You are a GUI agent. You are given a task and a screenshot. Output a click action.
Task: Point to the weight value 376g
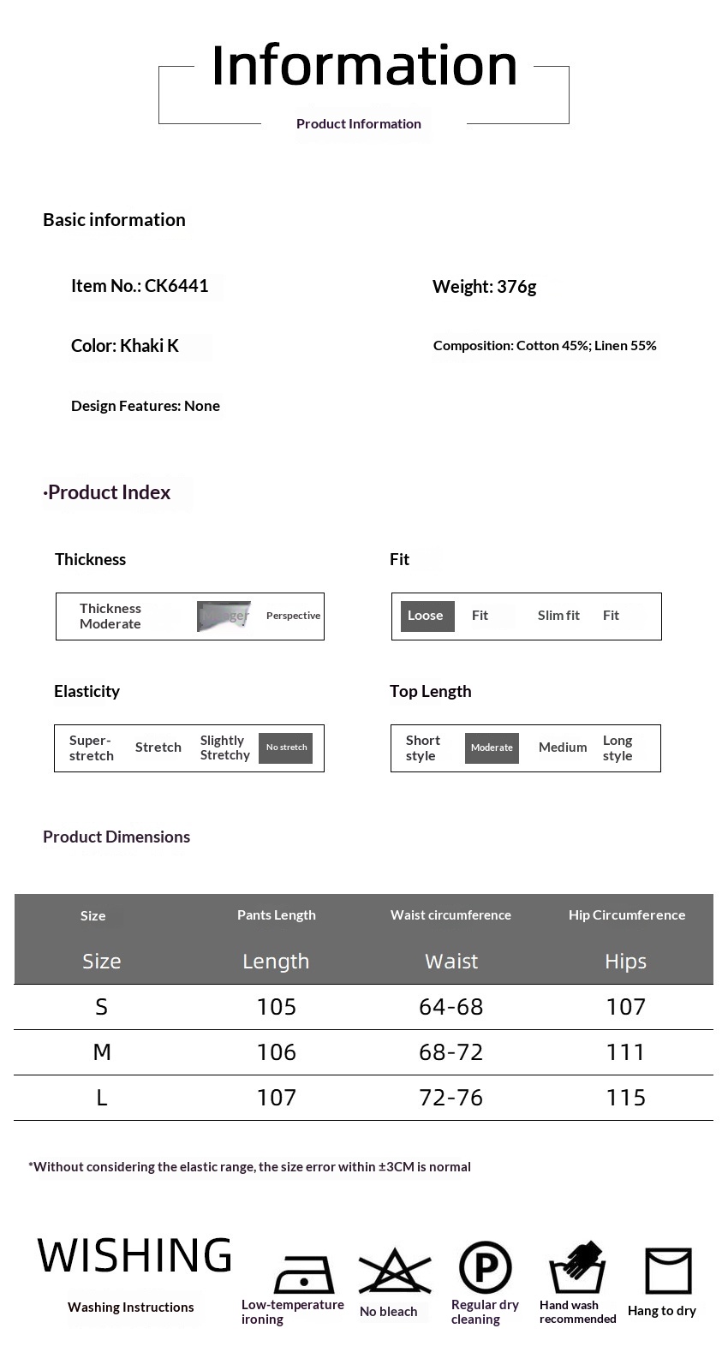click(x=484, y=287)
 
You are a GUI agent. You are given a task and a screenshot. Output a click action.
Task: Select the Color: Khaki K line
click(x=125, y=346)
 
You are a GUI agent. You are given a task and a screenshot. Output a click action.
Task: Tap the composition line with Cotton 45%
click(x=545, y=346)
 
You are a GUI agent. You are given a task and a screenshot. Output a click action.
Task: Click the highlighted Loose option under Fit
click(x=427, y=616)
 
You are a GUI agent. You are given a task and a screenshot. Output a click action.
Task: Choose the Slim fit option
click(x=558, y=616)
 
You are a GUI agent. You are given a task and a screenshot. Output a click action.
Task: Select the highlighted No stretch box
click(x=286, y=748)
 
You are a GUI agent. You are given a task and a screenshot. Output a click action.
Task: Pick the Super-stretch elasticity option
click(x=91, y=748)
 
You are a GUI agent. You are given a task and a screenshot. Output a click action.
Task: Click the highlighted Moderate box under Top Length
click(x=492, y=748)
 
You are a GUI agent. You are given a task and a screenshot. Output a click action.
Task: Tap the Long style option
click(x=618, y=748)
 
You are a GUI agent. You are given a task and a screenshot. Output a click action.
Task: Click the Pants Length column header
click(x=276, y=915)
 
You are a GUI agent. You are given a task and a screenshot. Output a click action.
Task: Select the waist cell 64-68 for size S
click(x=451, y=1007)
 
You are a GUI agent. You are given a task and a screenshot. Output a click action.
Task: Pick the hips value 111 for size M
click(x=625, y=1052)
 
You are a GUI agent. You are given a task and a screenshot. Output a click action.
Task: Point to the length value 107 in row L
click(x=276, y=1098)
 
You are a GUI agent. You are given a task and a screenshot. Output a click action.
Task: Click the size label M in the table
click(x=102, y=1052)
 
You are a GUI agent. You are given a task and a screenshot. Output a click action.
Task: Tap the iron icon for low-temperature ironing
click(x=303, y=1273)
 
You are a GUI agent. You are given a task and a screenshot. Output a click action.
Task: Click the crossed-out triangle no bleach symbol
click(x=394, y=1271)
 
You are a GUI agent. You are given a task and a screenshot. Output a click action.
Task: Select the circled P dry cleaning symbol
click(x=485, y=1267)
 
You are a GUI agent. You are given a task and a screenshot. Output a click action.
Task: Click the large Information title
click(x=364, y=65)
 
